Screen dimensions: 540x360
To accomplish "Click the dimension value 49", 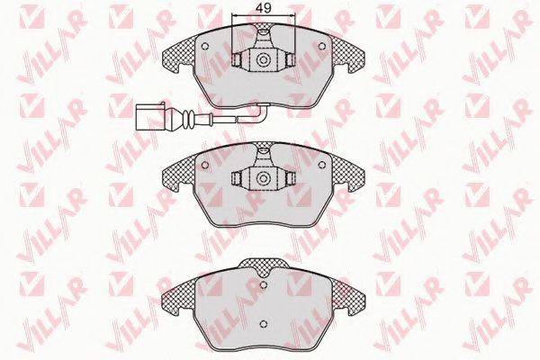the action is (264, 8).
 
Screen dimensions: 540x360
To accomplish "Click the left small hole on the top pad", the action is (205, 46).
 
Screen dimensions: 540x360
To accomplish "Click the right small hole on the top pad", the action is (322, 46).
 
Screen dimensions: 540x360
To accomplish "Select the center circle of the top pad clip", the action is (264, 59).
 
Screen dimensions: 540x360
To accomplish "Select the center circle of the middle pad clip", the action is (264, 178).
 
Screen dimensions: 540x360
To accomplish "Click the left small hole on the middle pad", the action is (205, 165).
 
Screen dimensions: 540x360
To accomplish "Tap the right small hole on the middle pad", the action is (322, 165).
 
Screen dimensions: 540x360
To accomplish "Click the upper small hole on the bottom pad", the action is (264, 284).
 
